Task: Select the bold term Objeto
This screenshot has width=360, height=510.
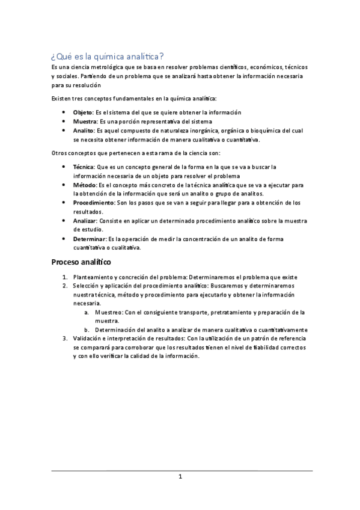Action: point(83,112)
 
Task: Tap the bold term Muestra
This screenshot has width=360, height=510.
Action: point(85,121)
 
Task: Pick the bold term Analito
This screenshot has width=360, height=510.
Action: point(83,131)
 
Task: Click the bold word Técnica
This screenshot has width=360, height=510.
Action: point(84,167)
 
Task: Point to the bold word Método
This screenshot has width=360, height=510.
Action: point(84,185)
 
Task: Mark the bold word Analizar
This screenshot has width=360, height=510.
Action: point(85,221)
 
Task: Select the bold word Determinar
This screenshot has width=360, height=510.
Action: point(88,239)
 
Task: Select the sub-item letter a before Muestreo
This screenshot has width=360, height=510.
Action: point(86,312)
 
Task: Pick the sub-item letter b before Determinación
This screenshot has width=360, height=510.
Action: point(86,330)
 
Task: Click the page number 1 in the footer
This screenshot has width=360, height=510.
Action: point(180,477)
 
